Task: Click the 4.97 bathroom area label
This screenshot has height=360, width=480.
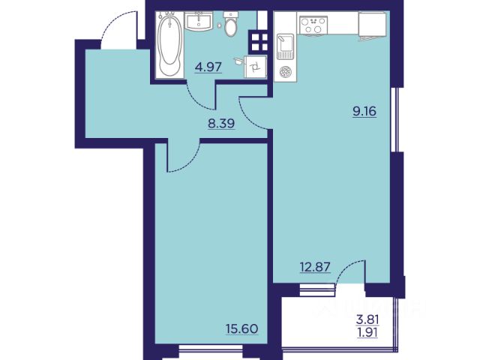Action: click(x=208, y=67)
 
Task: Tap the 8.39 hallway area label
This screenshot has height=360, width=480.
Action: click(x=221, y=123)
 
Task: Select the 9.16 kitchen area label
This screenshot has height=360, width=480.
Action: click(x=364, y=111)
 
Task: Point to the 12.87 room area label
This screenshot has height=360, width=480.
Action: click(x=315, y=267)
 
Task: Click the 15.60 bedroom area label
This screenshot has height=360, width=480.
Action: click(x=241, y=328)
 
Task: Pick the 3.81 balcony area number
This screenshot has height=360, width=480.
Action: click(x=367, y=320)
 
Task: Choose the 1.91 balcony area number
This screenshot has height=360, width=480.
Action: click(x=367, y=332)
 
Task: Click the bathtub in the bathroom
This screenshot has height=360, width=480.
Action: click(x=169, y=44)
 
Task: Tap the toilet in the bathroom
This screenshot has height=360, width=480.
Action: click(x=230, y=25)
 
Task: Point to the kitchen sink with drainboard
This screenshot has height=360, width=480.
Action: click(x=285, y=46)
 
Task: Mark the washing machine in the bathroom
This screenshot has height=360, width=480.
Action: click(x=255, y=67)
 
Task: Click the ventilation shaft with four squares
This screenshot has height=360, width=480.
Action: click(x=259, y=42)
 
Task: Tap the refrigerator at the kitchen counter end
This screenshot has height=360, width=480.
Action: click(x=372, y=25)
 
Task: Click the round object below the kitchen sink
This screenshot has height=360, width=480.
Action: click(x=285, y=72)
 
